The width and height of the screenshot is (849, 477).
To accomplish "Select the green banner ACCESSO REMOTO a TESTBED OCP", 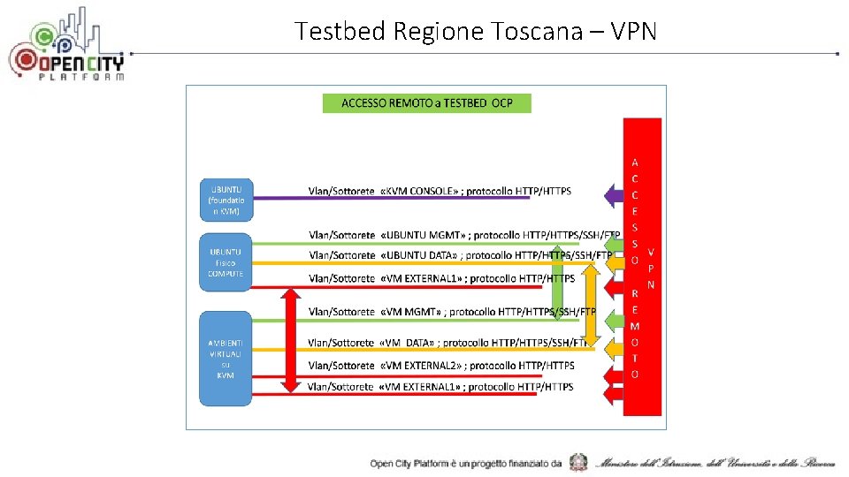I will (426, 102).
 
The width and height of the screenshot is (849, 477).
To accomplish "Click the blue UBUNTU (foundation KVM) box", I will (226, 201).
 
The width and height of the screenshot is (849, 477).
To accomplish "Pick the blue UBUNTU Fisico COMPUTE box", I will (226, 262).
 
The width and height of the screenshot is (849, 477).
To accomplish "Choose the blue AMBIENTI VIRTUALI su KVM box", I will (226, 358).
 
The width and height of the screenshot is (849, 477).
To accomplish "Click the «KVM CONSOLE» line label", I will (440, 191).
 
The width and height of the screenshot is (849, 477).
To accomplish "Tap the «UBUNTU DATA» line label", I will (460, 255).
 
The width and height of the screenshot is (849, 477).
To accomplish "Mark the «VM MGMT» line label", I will (451, 312).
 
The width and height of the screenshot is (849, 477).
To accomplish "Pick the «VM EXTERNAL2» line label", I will (440, 365).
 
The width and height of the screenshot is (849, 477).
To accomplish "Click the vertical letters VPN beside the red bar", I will (651, 268).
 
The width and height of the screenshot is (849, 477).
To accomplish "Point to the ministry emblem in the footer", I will (578, 462).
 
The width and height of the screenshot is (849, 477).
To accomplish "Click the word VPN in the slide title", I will (633, 32).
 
